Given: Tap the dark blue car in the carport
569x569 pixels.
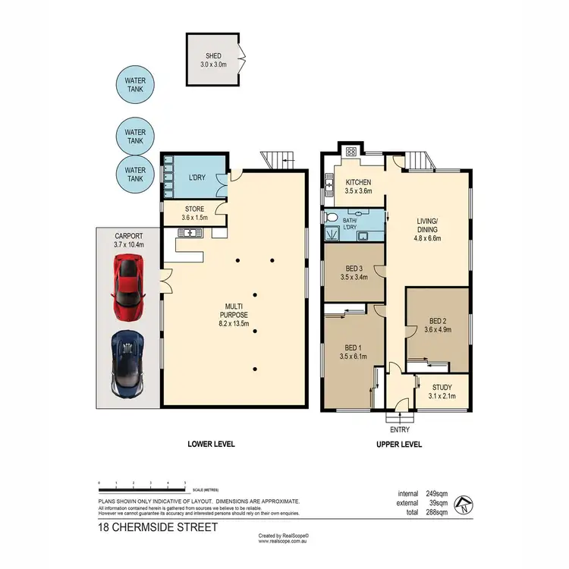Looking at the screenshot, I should tap(127, 363).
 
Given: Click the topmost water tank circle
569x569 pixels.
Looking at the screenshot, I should tap(135, 86).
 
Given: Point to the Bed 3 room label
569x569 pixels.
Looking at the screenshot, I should tap(355, 272).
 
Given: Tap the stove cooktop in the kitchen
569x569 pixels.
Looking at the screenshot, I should tap(352, 152).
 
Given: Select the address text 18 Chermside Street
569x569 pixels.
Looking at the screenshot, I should tap(158, 527).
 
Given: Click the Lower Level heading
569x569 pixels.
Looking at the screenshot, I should tap(203, 445).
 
